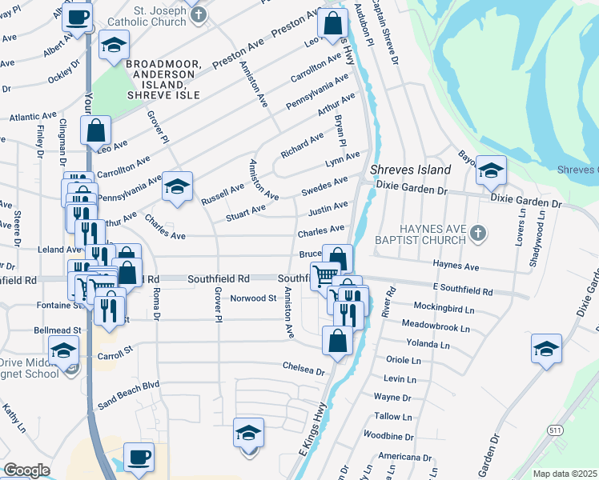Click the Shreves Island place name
pyautogui.click(x=411, y=170)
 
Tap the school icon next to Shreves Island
pyautogui.click(x=491, y=170)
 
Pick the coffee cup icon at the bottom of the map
pyautogui.click(x=139, y=457)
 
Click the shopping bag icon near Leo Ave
pyautogui.click(x=95, y=130)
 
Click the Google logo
pyautogui.click(x=26, y=470)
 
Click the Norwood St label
pyautogui.click(x=253, y=298)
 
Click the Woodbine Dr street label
pyautogui.click(x=387, y=438)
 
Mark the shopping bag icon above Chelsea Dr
pyautogui.click(x=337, y=341)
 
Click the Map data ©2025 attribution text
pyautogui.click(x=565, y=474)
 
